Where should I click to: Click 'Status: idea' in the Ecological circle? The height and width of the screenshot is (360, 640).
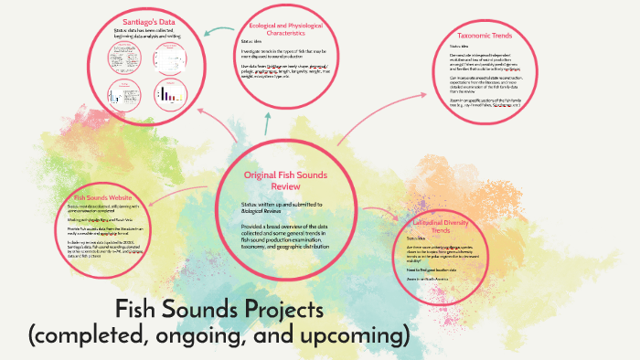pyautogui.click(x=251, y=42)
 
